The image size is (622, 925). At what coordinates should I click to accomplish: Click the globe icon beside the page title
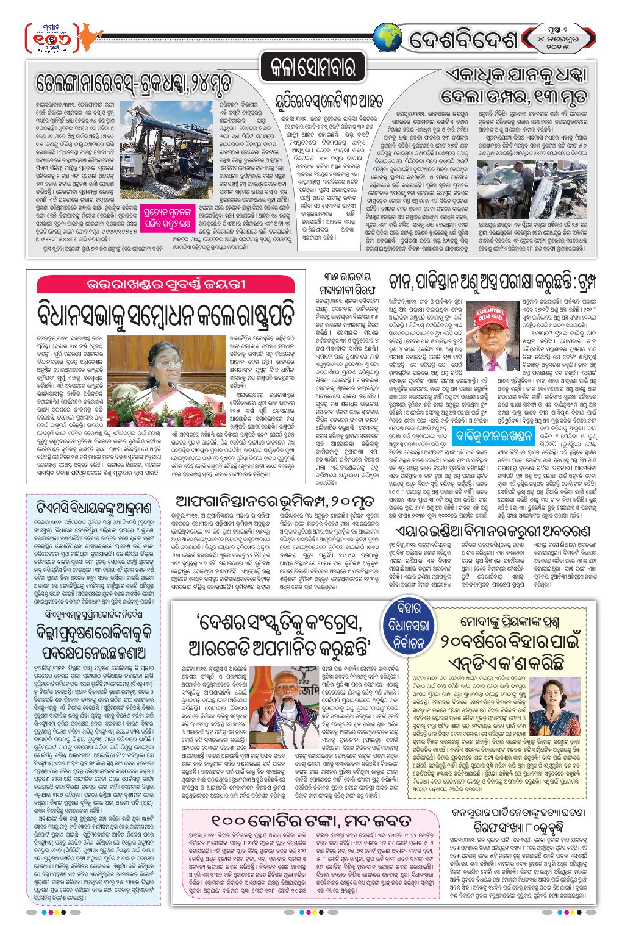388,38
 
